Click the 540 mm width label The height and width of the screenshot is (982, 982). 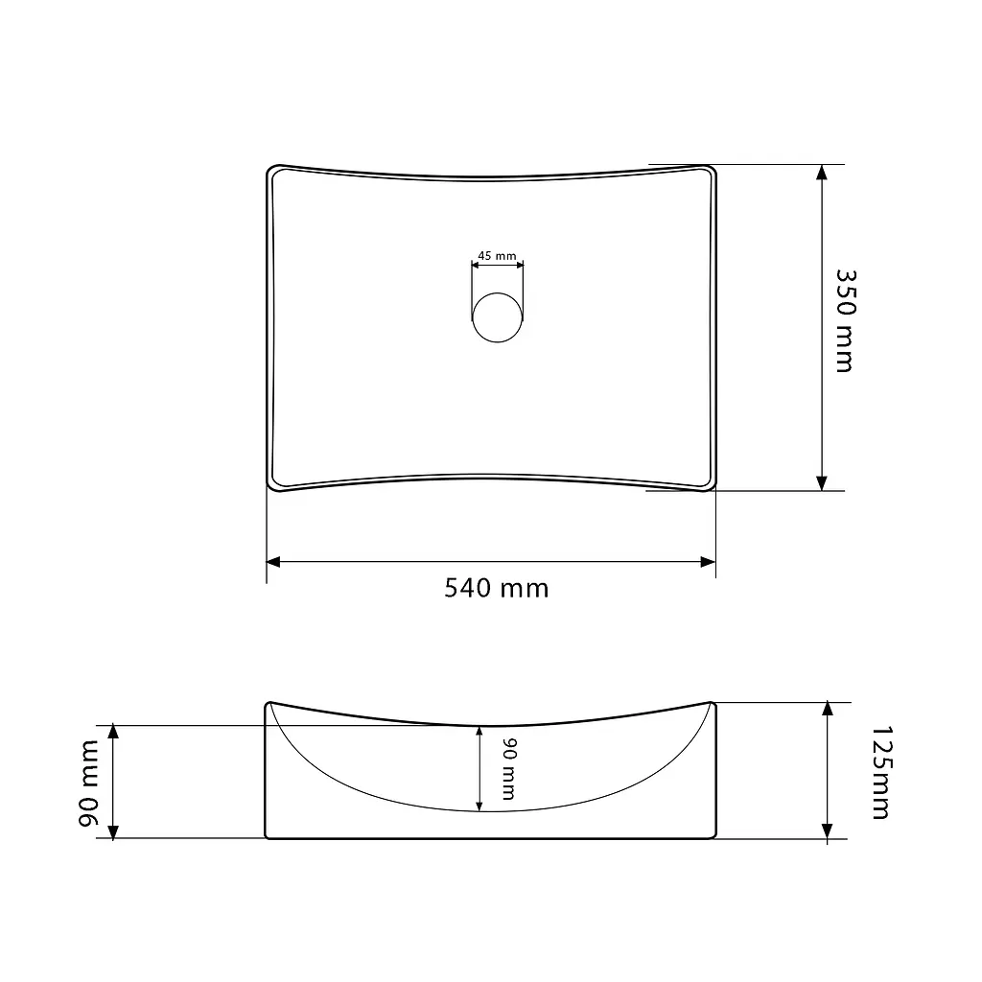click(x=496, y=588)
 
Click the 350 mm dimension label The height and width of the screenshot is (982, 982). click(x=845, y=321)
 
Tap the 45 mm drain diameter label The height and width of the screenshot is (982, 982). click(x=498, y=255)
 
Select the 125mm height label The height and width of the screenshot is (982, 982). click(x=881, y=772)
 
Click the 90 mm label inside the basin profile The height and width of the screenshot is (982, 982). click(x=508, y=769)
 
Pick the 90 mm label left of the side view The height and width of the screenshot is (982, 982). click(x=89, y=783)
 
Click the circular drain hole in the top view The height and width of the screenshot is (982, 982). click(x=498, y=317)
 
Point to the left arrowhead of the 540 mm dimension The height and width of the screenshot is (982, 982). click(x=273, y=562)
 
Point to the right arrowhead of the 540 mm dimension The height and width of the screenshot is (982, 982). click(x=709, y=562)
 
